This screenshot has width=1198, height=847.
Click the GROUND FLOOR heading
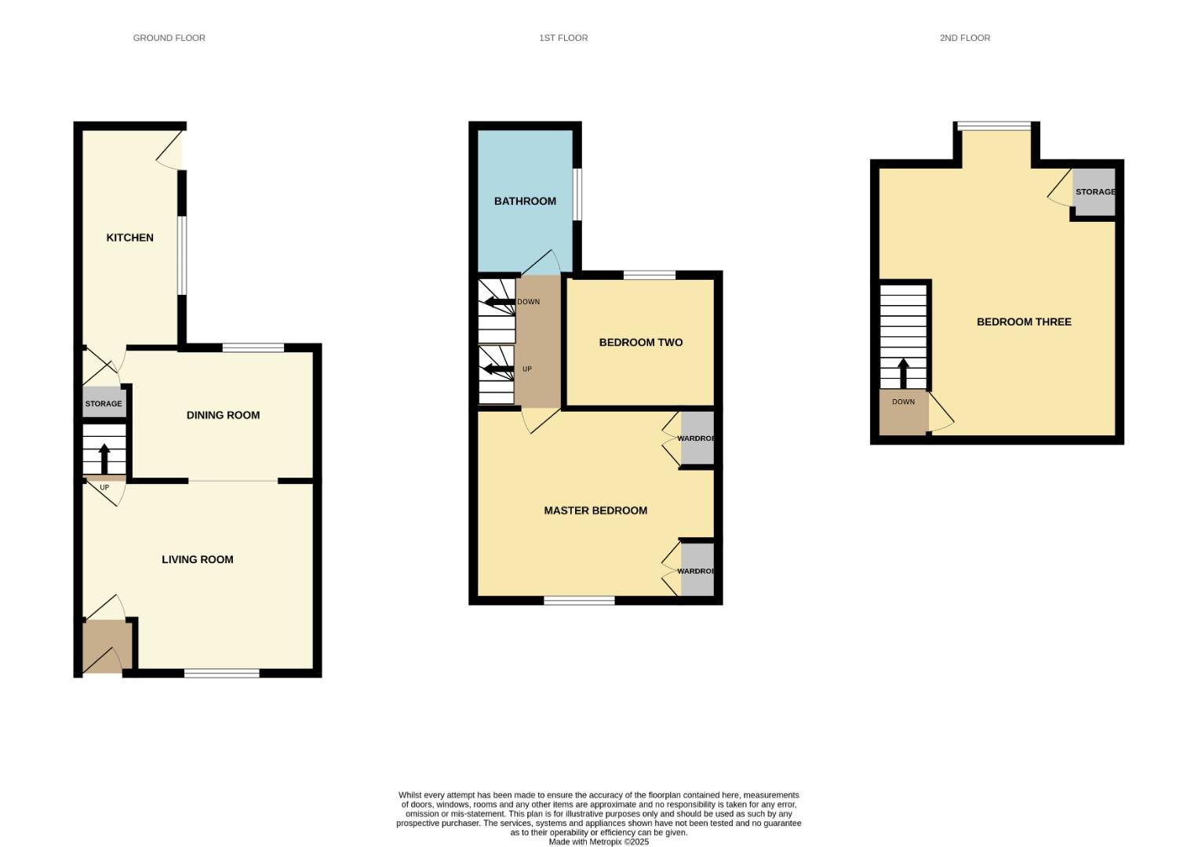pyautogui.click(x=169, y=38)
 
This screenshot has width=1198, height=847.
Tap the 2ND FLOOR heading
pyautogui.click(x=964, y=38)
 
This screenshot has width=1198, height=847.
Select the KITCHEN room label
pyautogui.click(x=130, y=238)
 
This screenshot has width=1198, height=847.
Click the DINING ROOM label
pyautogui.click(x=223, y=415)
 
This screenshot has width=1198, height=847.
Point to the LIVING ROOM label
pyautogui.click(x=198, y=559)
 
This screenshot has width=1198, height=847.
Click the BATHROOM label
pyautogui.click(x=525, y=201)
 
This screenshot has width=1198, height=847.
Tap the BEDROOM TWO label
pyautogui.click(x=640, y=342)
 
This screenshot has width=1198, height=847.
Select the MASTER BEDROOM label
pyautogui.click(x=595, y=511)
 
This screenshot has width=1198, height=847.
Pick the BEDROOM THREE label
pyautogui.click(x=1024, y=322)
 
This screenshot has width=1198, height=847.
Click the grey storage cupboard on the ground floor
pyautogui.click(x=104, y=402)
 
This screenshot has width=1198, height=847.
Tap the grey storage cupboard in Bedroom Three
pyautogui.click(x=1094, y=191)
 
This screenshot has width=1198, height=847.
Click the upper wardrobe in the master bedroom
pyautogui.click(x=697, y=438)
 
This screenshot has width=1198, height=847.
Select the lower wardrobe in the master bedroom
pyautogui.click(x=697, y=570)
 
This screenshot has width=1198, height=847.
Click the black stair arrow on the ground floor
pyautogui.click(x=104, y=458)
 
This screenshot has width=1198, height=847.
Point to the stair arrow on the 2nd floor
pyautogui.click(x=903, y=373)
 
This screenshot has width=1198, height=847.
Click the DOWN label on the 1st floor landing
pyautogui.click(x=528, y=302)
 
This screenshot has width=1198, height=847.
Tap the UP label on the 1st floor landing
pyautogui.click(x=527, y=369)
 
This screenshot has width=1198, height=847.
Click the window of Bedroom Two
pyautogui.click(x=650, y=274)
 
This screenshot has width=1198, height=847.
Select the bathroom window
pyautogui.click(x=577, y=194)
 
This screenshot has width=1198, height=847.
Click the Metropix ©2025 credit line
pyautogui.click(x=599, y=842)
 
